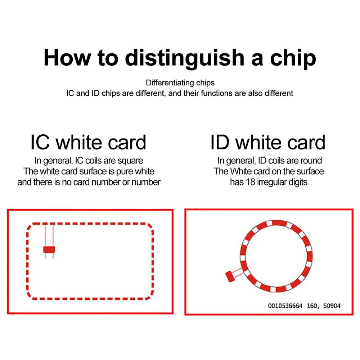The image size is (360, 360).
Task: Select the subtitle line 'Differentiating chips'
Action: coord(180,83)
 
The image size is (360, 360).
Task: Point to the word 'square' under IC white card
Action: coord(131,161)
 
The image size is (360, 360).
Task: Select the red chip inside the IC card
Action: coord(49,249)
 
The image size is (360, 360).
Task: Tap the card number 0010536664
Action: coord(286,306)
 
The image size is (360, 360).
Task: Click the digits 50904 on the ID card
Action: coord(332,306)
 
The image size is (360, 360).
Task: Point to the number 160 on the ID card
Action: coord(312,306)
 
